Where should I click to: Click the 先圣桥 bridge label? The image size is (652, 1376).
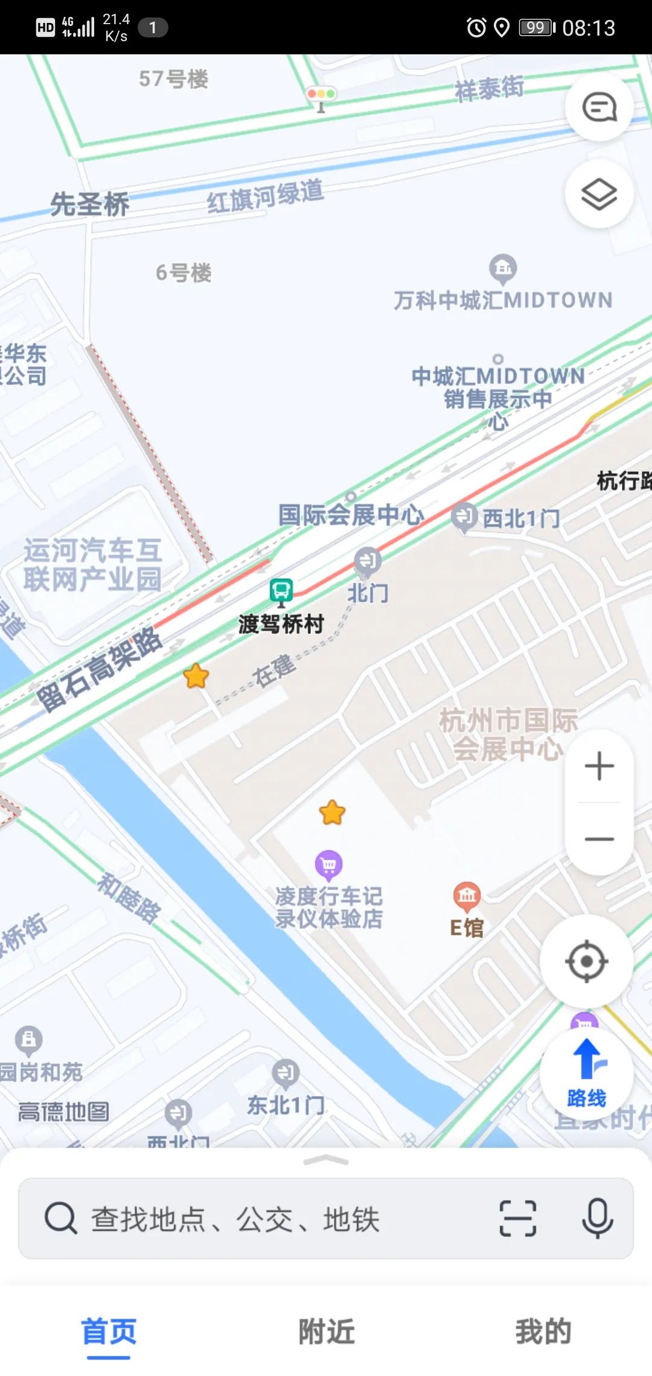point(89,204)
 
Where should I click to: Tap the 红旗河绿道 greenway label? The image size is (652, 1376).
point(265,196)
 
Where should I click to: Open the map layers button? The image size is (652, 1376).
point(599,194)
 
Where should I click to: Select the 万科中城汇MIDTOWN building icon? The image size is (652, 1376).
point(503,268)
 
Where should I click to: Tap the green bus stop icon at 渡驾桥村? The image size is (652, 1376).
point(281,591)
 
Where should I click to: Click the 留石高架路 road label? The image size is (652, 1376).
point(99,669)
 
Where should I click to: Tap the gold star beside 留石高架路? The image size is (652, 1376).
point(196,676)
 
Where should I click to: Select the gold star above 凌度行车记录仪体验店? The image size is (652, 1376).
point(332,812)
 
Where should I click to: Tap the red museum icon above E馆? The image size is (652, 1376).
point(467,896)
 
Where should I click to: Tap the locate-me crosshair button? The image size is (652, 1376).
point(586,961)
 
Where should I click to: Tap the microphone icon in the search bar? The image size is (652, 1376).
point(598,1218)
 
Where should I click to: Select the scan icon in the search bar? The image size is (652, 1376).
point(518,1218)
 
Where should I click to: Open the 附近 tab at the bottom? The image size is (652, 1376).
point(326,1331)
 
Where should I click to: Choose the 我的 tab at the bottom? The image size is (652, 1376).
point(543,1331)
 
